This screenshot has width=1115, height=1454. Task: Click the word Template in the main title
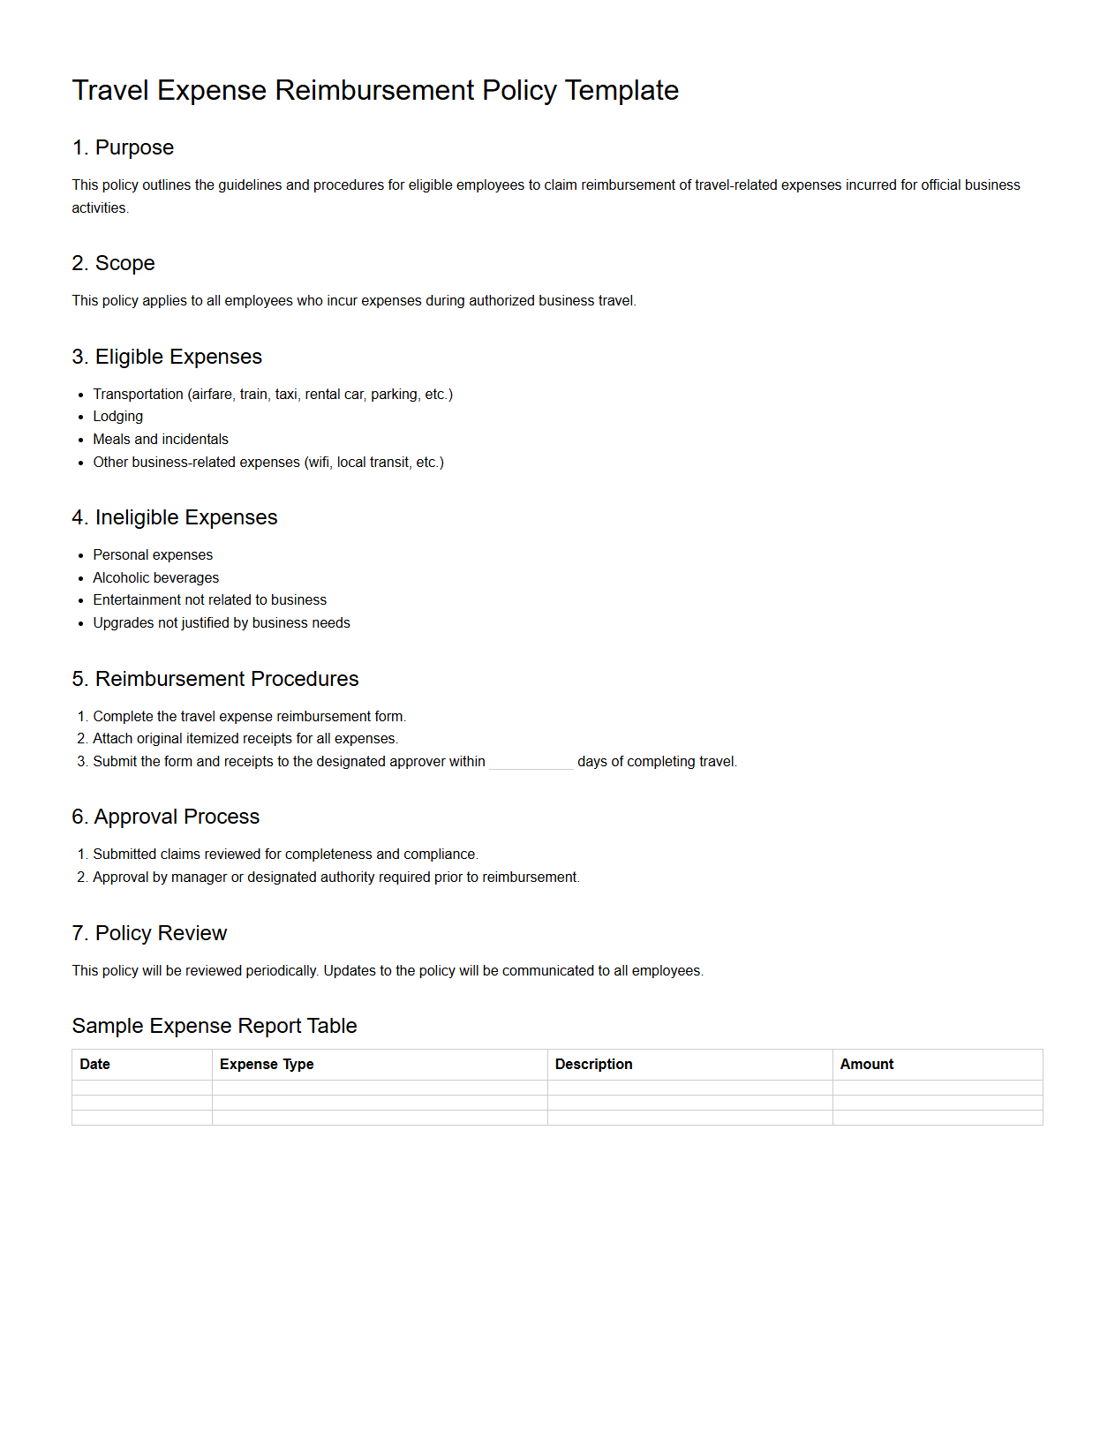point(622,91)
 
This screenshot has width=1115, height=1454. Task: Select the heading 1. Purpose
point(123,147)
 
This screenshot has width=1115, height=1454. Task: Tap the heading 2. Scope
point(113,263)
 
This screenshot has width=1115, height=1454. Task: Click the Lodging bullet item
point(117,417)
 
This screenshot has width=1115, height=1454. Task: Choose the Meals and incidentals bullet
point(160,440)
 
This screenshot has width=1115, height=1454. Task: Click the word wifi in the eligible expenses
point(318,463)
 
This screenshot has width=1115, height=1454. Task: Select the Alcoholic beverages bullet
point(155,578)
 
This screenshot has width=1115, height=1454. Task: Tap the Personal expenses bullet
point(153,555)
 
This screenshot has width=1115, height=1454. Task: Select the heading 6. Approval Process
point(165,817)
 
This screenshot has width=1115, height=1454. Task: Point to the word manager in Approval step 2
point(196,878)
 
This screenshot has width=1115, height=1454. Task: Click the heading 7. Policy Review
point(149,933)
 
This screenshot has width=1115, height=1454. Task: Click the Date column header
point(94,1065)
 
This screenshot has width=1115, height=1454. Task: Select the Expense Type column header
point(267,1065)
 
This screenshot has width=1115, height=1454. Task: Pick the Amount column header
point(866,1065)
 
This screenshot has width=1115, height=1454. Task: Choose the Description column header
point(593,1065)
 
